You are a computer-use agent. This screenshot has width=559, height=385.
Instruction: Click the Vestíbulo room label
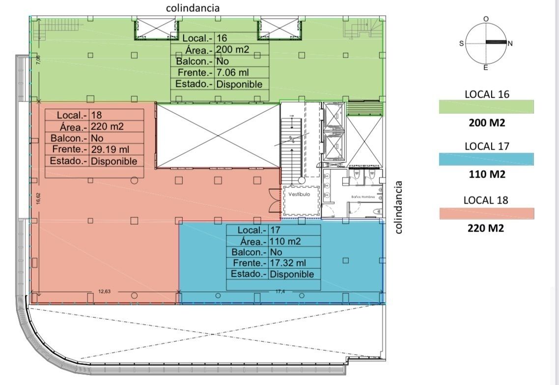click(x=299, y=194)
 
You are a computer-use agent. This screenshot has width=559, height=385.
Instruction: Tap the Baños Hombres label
click(x=363, y=197)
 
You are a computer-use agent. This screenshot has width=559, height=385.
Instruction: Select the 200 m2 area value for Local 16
click(x=232, y=50)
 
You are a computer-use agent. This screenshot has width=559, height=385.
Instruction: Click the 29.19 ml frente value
click(x=110, y=149)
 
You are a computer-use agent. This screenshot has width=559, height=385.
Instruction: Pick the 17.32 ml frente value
click(x=288, y=263)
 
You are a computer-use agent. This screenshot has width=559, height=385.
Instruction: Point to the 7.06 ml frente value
click(x=232, y=73)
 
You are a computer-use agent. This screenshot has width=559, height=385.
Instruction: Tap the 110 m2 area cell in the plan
click(x=285, y=241)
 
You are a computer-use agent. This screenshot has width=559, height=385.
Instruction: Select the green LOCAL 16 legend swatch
click(x=486, y=107)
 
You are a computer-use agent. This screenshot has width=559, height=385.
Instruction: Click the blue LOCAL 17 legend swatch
click(x=486, y=159)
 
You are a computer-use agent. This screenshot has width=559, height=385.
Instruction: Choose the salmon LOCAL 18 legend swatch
click(x=487, y=213)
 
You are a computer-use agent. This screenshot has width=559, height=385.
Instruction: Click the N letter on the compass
click(x=510, y=44)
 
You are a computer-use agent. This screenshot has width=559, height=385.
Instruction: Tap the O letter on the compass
click(x=486, y=19)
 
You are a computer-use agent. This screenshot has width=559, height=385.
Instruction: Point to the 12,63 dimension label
click(x=105, y=291)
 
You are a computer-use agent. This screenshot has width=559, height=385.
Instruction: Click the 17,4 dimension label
click(x=280, y=291)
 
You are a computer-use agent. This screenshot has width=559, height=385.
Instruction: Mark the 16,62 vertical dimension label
click(x=38, y=199)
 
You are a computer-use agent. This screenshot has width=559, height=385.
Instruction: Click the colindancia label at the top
click(x=193, y=8)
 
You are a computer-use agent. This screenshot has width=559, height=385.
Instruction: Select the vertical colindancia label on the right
click(x=398, y=207)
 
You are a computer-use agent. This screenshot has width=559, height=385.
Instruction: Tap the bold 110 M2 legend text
click(x=487, y=174)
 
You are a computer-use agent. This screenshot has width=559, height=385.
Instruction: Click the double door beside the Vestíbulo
click(x=276, y=200)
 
